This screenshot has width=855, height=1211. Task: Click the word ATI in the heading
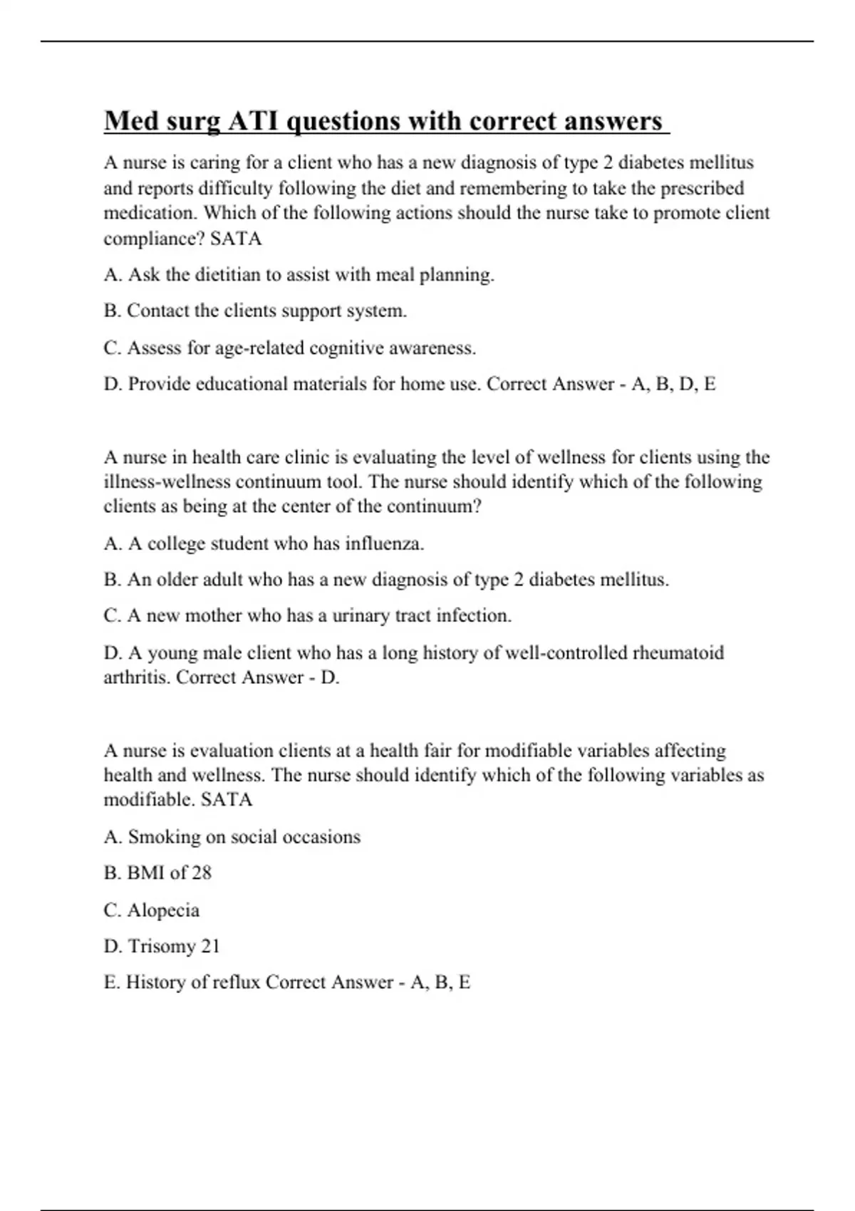tap(254, 121)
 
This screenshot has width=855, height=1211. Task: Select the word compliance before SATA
tap(154, 239)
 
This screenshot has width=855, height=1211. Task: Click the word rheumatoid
tap(678, 653)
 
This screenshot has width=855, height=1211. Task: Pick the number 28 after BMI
tap(202, 873)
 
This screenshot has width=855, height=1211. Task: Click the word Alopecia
tap(163, 910)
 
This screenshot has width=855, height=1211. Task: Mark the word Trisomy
tap(162, 947)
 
